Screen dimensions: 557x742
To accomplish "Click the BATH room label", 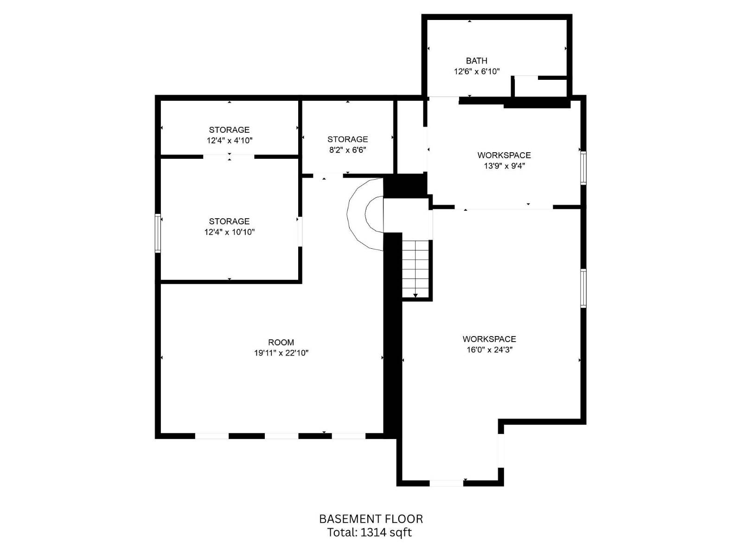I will (476, 61).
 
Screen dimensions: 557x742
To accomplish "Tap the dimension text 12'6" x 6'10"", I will (476, 71).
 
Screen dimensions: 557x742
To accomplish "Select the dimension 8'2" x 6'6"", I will (347, 150).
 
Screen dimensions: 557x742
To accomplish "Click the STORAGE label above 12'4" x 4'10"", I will (229, 130).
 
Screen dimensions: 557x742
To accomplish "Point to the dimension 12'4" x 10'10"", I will (229, 232).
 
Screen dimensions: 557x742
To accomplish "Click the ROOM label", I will (281, 343).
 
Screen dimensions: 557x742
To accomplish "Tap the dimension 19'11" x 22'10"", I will (281, 353).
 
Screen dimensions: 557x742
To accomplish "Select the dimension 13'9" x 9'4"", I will (504, 166).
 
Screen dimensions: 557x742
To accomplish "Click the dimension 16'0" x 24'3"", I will (489, 350).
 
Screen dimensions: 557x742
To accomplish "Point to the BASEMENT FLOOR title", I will (371, 519).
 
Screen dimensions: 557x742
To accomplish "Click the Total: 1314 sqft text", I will (370, 532).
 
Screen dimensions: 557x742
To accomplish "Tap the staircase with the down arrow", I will (416, 269).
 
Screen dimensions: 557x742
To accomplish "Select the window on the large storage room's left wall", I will (158, 233).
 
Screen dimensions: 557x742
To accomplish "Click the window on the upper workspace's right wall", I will (583, 168).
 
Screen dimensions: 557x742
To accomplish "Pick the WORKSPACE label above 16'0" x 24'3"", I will (489, 339).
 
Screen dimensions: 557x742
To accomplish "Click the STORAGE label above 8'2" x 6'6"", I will (347, 139).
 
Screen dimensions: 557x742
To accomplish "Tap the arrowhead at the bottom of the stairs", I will (416, 295).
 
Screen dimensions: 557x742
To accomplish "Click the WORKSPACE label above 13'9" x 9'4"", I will (504, 155).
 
